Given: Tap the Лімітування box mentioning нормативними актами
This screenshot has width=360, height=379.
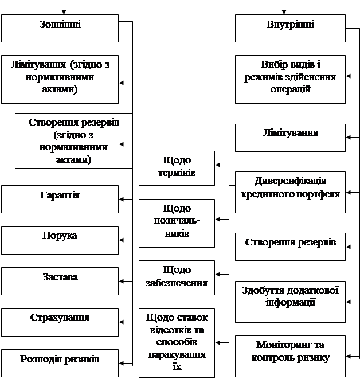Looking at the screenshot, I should click(x=60, y=79).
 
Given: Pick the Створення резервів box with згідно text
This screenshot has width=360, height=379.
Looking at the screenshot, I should click(x=72, y=140).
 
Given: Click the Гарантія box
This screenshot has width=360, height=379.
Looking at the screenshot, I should click(x=60, y=198).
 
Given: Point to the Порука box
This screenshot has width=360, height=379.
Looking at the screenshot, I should click(x=60, y=240).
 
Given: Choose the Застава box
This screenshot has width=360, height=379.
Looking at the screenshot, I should click(x=60, y=281).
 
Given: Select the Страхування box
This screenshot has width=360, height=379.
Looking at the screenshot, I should click(x=60, y=322).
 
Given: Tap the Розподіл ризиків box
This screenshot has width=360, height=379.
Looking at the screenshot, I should click(x=60, y=363).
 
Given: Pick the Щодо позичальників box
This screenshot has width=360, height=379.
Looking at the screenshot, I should click(x=177, y=223).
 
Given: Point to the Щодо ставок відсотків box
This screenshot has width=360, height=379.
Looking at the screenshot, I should click(x=177, y=343).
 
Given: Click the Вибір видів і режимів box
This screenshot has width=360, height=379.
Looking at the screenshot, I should click(x=290, y=79).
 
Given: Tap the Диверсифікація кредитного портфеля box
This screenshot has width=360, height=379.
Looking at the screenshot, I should click(x=290, y=191).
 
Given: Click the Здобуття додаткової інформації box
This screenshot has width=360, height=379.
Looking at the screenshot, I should click(x=290, y=301).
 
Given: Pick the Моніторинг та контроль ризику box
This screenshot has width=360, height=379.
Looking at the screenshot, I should click(x=290, y=355).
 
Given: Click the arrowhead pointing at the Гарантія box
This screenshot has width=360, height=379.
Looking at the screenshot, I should click(x=122, y=199).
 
